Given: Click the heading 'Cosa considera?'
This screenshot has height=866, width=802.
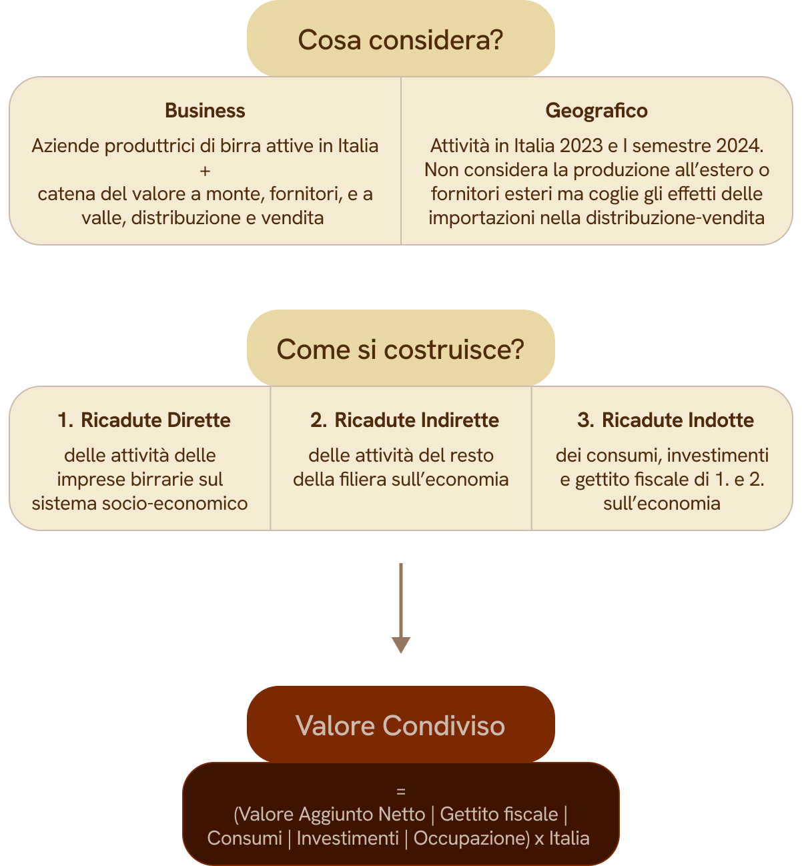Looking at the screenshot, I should pyautogui.click(x=400, y=40).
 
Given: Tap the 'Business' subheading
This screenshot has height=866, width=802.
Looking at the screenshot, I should pyautogui.click(x=205, y=111).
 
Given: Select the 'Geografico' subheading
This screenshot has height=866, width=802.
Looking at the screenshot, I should pyautogui.click(x=596, y=111).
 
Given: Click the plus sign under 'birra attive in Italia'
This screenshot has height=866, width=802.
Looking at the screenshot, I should pyautogui.click(x=205, y=171).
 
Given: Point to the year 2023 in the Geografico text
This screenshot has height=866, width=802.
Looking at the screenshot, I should pyautogui.click(x=581, y=145).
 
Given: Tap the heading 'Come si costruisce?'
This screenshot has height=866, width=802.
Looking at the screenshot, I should pyautogui.click(x=400, y=350).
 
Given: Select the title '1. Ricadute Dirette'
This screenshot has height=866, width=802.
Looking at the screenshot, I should pyautogui.click(x=144, y=420).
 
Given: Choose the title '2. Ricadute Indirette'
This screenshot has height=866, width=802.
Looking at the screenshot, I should pyautogui.click(x=404, y=420).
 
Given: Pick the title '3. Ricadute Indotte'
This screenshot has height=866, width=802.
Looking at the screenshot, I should pyautogui.click(x=665, y=420).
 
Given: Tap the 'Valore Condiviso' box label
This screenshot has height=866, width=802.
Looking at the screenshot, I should pyautogui.click(x=400, y=726).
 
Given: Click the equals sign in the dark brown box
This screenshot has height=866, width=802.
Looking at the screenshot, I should pyautogui.click(x=401, y=792).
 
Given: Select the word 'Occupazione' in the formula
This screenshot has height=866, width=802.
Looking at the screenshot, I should pyautogui.click(x=470, y=838).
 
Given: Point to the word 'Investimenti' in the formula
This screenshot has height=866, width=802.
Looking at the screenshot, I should pyautogui.click(x=348, y=838).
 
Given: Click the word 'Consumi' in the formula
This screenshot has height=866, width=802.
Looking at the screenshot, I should pyautogui.click(x=244, y=838).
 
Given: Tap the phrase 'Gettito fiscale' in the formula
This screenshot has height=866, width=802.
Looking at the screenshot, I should pyautogui.click(x=499, y=814).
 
